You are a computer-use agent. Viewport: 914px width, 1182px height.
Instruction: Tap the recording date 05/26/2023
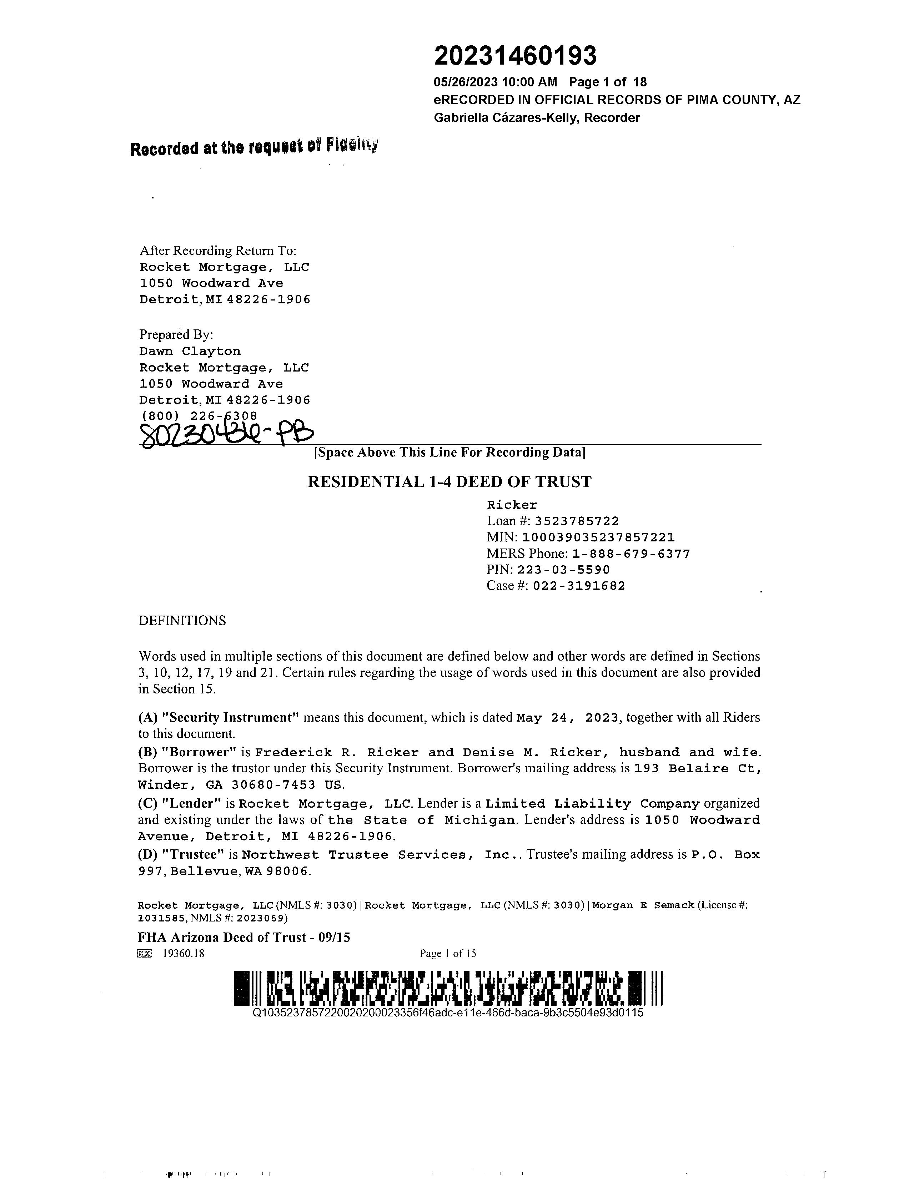point(465,82)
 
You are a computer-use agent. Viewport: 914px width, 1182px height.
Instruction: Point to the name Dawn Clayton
point(190,351)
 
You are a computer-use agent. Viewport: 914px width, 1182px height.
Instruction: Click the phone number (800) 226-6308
point(199,416)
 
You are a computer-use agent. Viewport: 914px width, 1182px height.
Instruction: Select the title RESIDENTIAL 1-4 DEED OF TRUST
point(450,482)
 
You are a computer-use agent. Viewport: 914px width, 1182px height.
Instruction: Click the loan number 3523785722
point(577,521)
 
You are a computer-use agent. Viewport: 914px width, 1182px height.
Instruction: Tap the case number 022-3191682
point(579,586)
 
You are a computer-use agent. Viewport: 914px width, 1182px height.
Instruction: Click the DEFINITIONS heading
point(182,621)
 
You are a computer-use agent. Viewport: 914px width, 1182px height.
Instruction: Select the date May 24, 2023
point(567,718)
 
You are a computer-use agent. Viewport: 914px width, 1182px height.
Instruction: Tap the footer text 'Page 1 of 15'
point(448,954)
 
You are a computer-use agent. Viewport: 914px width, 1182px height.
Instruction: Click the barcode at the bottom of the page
point(448,988)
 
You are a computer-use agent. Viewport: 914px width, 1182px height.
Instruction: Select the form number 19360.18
point(183,954)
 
